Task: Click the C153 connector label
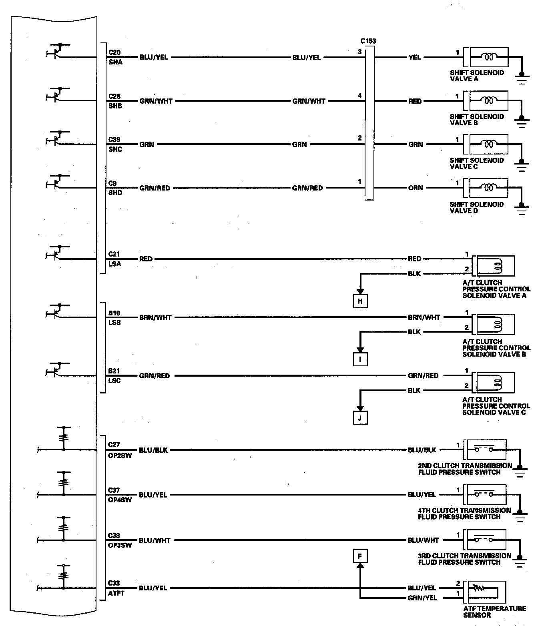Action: pyautogui.click(x=368, y=41)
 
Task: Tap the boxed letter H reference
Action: pyautogui.click(x=360, y=301)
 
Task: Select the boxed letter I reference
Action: pyautogui.click(x=360, y=359)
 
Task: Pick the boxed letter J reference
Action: pyautogui.click(x=360, y=418)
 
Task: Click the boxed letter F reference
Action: pyautogui.click(x=360, y=556)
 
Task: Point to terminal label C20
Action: pyautogui.click(x=114, y=52)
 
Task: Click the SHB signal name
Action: pyautogui.click(x=115, y=106)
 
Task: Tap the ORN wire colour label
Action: pyautogui.click(x=416, y=188)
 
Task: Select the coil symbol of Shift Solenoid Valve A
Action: pyautogui.click(x=489, y=57)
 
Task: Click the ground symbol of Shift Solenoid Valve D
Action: pyautogui.click(x=521, y=209)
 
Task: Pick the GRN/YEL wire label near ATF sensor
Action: pyautogui.click(x=422, y=598)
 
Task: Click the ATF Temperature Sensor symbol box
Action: pyautogui.click(x=484, y=592)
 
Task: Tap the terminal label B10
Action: pyautogui.click(x=114, y=313)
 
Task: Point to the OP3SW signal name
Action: pyautogui.click(x=120, y=545)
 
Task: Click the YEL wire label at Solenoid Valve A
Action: pyautogui.click(x=415, y=57)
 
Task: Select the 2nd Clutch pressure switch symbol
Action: pyautogui.click(x=485, y=449)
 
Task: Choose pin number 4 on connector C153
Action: pyautogui.click(x=359, y=95)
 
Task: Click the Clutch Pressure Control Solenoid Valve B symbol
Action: pyautogui.click(x=493, y=324)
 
